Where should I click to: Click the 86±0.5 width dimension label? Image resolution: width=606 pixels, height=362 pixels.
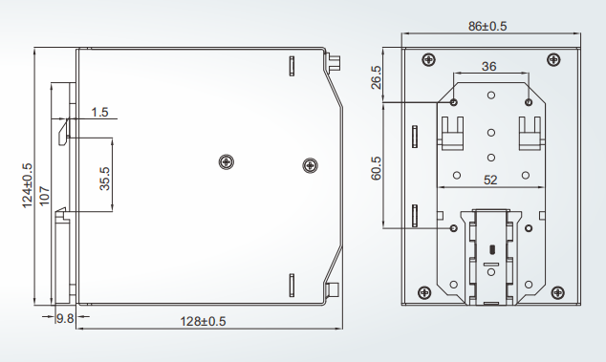487,27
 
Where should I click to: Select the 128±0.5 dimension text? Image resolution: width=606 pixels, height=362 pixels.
203,321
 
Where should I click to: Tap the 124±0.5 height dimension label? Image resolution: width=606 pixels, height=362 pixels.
27,185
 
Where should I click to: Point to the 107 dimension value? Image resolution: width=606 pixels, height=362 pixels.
44,196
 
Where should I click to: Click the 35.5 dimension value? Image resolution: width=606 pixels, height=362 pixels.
105,179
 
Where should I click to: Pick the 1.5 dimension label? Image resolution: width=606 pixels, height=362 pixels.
99,113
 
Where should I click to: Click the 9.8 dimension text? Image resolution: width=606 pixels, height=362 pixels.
65,319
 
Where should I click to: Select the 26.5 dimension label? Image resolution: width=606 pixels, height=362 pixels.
376,77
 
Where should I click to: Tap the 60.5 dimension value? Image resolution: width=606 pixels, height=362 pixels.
376,168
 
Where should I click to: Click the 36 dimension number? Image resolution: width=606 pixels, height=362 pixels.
488,67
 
